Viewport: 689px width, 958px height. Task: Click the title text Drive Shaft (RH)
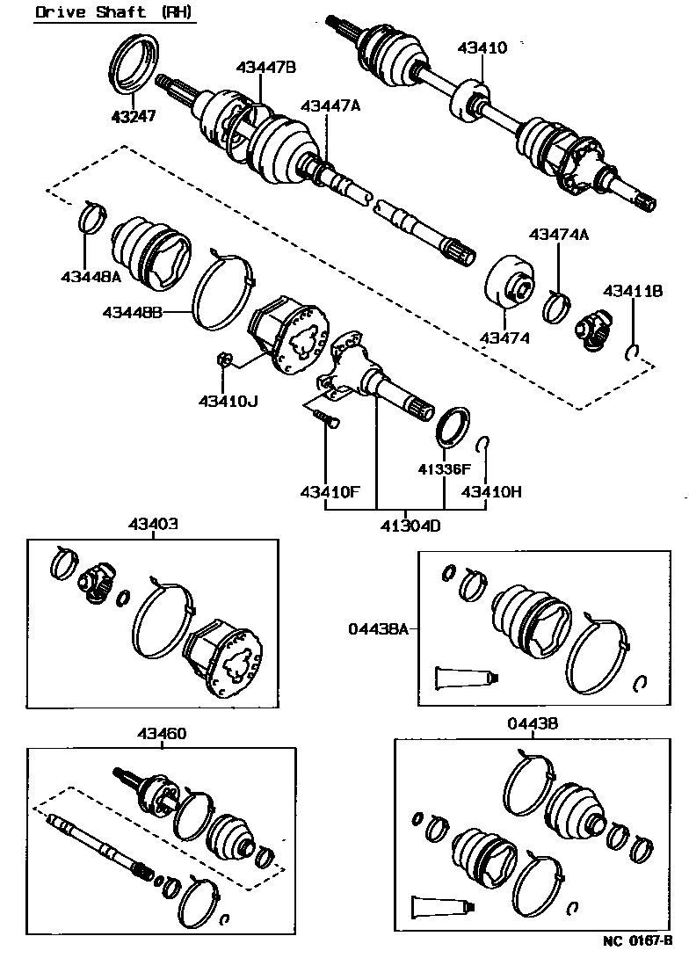click(x=114, y=12)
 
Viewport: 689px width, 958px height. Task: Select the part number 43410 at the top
click(x=482, y=47)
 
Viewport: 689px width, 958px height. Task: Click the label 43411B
click(x=632, y=291)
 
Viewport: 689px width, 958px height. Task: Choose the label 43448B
click(x=132, y=312)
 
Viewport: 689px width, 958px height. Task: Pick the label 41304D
click(x=410, y=526)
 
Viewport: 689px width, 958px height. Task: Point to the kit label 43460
click(x=161, y=733)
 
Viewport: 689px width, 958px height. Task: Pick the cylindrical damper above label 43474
click(x=511, y=281)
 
